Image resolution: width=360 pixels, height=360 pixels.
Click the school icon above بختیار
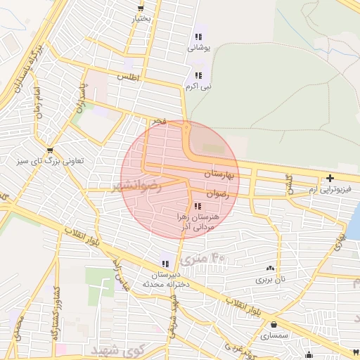141,9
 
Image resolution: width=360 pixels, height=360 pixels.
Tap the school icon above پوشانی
198,37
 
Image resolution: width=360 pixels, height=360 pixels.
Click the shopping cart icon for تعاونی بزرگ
49,150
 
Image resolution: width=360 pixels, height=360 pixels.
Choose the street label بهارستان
218,172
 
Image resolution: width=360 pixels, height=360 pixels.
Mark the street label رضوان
218,193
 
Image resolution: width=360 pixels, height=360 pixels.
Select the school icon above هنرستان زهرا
198,206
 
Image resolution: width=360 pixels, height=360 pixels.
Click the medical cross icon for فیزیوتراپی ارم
329,179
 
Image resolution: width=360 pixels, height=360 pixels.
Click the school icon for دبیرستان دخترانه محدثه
165,264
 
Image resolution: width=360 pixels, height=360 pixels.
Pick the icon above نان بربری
270,268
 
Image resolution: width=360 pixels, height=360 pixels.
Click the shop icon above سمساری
274,324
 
